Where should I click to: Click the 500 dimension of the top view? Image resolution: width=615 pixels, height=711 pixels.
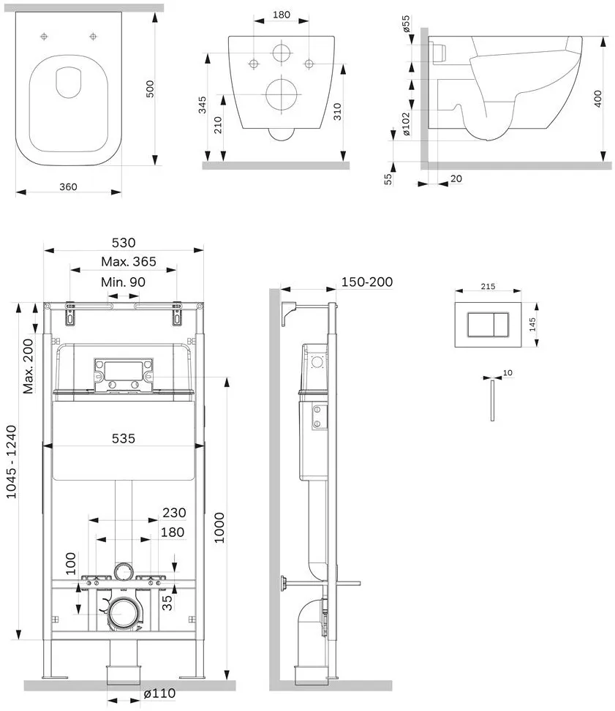pyautogui.click(x=150, y=89)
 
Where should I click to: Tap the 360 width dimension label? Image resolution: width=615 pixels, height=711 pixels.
pyautogui.click(x=68, y=187)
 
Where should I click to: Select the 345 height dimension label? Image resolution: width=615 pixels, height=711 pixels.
pyautogui.click(x=202, y=105)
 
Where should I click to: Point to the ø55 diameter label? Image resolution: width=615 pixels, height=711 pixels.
pyautogui.click(x=406, y=23)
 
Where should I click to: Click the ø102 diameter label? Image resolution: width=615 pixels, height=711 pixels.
pyautogui.click(x=406, y=124)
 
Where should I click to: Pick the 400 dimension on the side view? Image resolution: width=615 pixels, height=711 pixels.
pyautogui.click(x=597, y=99)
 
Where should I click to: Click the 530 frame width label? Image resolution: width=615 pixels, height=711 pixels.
pyautogui.click(x=124, y=243)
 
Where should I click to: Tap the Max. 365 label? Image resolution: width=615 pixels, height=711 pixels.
pyautogui.click(x=129, y=262)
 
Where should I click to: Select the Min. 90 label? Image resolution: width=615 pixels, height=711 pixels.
pyautogui.click(x=124, y=282)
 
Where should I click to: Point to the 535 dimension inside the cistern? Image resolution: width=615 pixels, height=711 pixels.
pyautogui.click(x=124, y=438)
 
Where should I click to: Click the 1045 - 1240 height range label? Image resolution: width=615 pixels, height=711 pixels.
pyautogui.click(x=11, y=462)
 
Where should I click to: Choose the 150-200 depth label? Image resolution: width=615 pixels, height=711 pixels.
pyautogui.click(x=367, y=282)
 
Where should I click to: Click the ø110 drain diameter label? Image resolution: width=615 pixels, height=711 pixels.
pyautogui.click(x=159, y=693)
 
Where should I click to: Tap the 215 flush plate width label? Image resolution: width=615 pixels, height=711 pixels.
pyautogui.click(x=488, y=287)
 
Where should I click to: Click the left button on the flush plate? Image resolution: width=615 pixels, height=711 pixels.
pyautogui.click(x=478, y=324)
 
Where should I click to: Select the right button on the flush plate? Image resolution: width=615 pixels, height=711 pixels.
pyautogui.click(x=498, y=324)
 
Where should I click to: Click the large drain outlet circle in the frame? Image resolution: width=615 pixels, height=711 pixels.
pyautogui.click(x=124, y=614)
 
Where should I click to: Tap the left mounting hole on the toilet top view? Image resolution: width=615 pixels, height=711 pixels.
pyautogui.click(x=44, y=37)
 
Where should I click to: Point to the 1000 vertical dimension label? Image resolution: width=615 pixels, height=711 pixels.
pyautogui.click(x=219, y=528)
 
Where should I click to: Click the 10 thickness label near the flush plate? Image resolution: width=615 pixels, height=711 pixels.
pyautogui.click(x=508, y=373)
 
